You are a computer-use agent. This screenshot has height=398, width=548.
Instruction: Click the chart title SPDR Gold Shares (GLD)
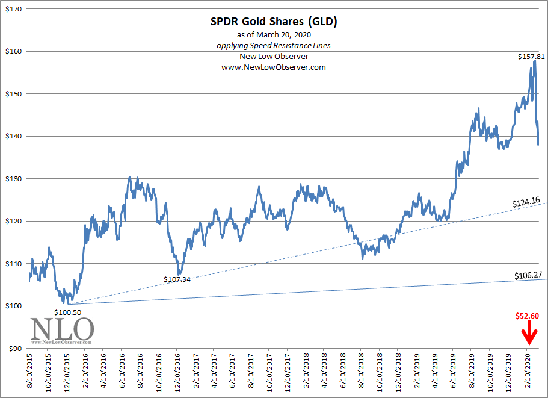[274, 22]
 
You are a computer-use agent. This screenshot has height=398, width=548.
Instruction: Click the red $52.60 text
[528, 316]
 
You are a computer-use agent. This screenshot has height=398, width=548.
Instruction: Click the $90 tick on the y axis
[14, 349]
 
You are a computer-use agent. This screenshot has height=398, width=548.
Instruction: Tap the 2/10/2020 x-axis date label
[526, 373]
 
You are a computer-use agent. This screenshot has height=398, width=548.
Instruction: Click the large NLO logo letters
[62, 329]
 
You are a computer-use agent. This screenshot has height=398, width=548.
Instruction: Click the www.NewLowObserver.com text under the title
[274, 67]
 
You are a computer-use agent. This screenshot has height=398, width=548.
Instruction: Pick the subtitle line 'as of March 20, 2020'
[274, 35]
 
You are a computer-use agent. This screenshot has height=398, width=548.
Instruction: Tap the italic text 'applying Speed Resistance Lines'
[274, 46]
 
